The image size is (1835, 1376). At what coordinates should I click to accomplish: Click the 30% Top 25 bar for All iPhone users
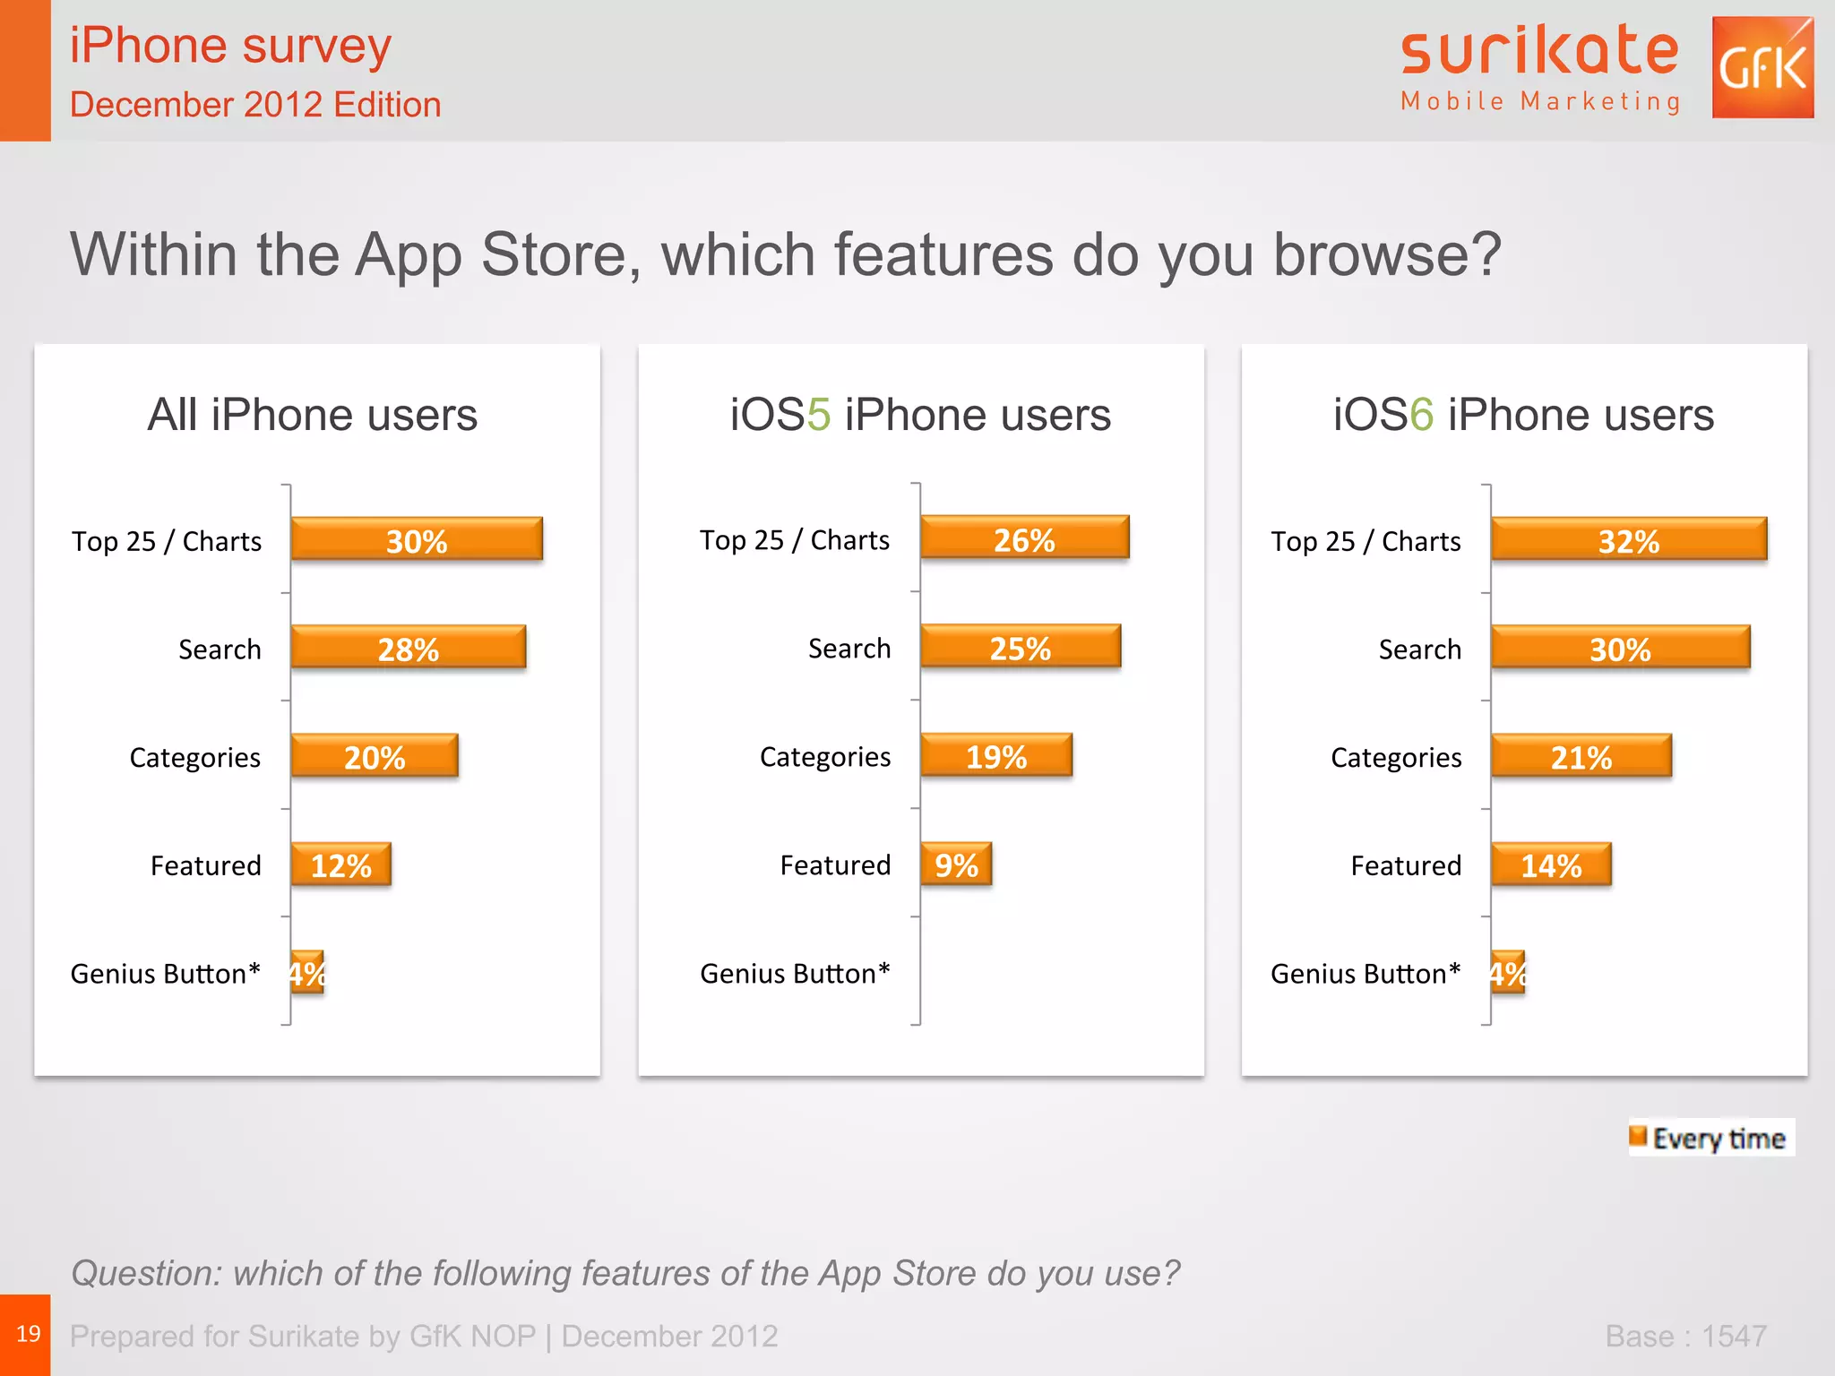click(x=417, y=539)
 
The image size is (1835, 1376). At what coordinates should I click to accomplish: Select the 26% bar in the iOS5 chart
click(x=1024, y=538)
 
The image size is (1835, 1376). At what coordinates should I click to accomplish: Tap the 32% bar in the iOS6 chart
click(x=1628, y=539)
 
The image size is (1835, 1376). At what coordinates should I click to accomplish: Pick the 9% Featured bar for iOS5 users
click(x=956, y=864)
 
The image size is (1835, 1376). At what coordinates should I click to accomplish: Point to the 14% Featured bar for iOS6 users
click(x=1551, y=864)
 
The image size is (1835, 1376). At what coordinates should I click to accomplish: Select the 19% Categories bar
click(x=995, y=756)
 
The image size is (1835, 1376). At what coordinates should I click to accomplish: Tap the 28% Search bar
click(x=408, y=648)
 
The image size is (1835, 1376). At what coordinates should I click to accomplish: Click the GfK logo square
click(x=1762, y=67)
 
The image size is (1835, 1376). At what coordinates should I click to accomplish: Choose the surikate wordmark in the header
click(x=1539, y=52)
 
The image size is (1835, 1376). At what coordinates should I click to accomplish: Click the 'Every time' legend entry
click(x=1710, y=1138)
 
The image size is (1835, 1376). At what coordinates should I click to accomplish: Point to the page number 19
click(x=28, y=1334)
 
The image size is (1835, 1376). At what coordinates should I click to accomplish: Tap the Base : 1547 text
click(x=1685, y=1336)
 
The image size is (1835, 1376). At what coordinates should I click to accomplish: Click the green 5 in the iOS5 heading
click(x=818, y=415)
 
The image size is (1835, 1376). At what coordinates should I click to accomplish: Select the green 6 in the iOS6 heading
click(x=1421, y=415)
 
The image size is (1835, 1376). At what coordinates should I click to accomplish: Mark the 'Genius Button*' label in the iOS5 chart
click(x=795, y=973)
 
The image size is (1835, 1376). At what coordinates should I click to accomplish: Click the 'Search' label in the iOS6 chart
click(x=1419, y=649)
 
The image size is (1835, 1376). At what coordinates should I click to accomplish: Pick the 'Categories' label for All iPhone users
click(x=194, y=757)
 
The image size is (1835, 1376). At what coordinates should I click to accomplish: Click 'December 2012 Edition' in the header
click(x=255, y=105)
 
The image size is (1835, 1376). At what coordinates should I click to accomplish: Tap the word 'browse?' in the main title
click(x=1387, y=255)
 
